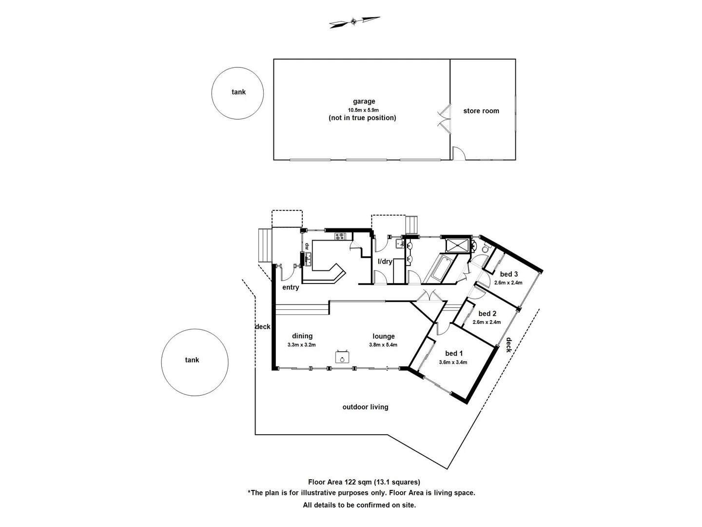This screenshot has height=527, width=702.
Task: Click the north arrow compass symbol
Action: pyautogui.click(x=354, y=22)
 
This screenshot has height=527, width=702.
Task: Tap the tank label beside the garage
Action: pyautogui.click(x=238, y=92)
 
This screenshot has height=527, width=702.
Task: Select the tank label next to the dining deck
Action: pyautogui.click(x=192, y=360)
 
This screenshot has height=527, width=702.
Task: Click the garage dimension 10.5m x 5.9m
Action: pyautogui.click(x=363, y=110)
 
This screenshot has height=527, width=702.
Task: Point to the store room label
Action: pyautogui.click(x=481, y=111)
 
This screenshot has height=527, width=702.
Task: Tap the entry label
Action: pyautogui.click(x=291, y=287)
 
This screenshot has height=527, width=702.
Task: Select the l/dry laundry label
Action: pyautogui.click(x=385, y=262)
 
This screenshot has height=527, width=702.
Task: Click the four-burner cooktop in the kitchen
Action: pyautogui.click(x=340, y=237)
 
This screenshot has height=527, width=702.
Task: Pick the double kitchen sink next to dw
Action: pyautogui.click(x=308, y=259)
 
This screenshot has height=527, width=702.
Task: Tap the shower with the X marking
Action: pyautogui.click(x=457, y=245)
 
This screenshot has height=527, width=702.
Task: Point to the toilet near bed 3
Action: pyautogui.click(x=485, y=248)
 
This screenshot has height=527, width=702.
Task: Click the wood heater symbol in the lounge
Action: pyautogui.click(x=342, y=357)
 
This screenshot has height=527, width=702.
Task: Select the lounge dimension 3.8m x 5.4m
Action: pyautogui.click(x=383, y=345)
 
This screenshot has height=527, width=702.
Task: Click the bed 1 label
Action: pyautogui.click(x=454, y=354)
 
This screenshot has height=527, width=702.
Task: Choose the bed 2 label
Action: pyautogui.click(x=487, y=314)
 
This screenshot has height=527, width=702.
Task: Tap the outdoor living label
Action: pyautogui.click(x=365, y=407)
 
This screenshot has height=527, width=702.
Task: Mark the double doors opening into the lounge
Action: pyautogui.click(x=428, y=296)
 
